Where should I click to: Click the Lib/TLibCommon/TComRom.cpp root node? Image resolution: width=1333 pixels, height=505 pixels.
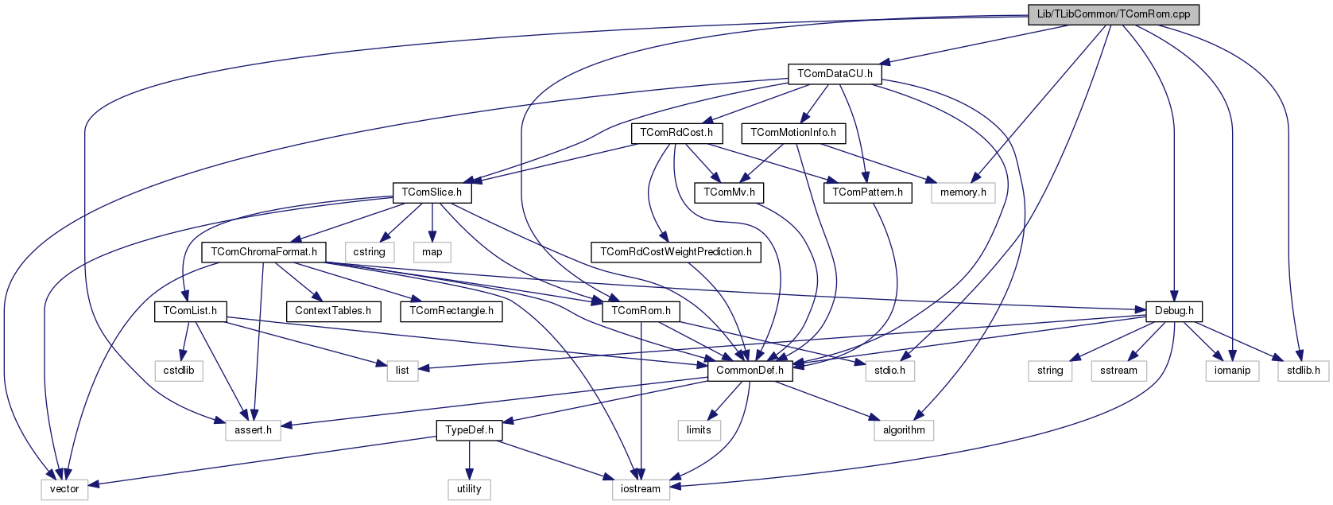click(x=1113, y=14)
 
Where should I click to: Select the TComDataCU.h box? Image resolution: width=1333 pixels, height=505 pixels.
click(x=835, y=74)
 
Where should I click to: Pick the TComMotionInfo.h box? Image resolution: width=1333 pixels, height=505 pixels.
click(x=793, y=133)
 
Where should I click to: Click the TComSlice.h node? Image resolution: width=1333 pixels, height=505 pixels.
click(x=432, y=192)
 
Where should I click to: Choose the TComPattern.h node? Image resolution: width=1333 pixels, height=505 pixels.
click(x=867, y=192)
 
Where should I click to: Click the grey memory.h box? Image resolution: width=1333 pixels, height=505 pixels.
click(x=963, y=192)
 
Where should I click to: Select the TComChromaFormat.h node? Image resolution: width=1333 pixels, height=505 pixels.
click(x=264, y=252)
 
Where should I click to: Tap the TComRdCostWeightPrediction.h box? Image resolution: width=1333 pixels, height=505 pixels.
click(x=676, y=252)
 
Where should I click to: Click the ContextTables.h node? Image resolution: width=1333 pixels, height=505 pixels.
click(x=333, y=311)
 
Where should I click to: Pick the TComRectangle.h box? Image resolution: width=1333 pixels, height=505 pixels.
click(x=451, y=311)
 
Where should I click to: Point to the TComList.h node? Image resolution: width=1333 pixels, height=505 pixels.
click(x=190, y=311)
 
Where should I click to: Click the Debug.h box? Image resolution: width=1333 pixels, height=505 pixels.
click(x=1174, y=311)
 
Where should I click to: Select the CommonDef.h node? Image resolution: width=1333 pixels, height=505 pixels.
click(x=750, y=371)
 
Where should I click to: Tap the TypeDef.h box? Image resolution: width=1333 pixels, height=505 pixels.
click(x=469, y=430)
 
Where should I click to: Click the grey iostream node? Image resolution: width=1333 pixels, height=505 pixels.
click(x=641, y=489)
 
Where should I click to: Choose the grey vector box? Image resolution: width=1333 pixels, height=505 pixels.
click(x=64, y=489)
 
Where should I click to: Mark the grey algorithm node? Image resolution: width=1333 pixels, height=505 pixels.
click(x=904, y=430)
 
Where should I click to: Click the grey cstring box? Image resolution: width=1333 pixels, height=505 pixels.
click(x=369, y=252)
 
